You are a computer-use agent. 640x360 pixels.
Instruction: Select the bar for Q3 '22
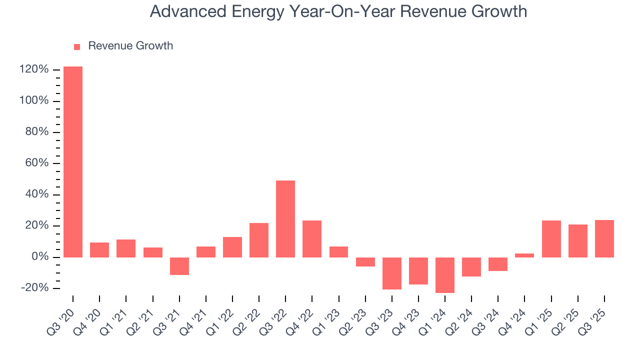click(x=285, y=219)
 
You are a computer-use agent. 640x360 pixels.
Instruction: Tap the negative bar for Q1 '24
click(x=445, y=275)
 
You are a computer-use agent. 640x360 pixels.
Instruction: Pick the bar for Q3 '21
click(x=179, y=266)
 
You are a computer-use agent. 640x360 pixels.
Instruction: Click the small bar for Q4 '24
click(x=524, y=255)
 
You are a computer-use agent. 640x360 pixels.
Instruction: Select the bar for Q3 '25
click(x=604, y=238)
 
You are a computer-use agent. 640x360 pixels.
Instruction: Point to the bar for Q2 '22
click(x=259, y=240)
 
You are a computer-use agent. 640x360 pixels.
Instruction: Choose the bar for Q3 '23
click(x=392, y=273)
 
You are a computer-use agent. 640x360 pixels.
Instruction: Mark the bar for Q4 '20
click(x=99, y=250)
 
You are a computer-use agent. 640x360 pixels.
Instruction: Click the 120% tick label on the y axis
click(x=34, y=69)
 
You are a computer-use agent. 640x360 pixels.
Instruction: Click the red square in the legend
click(x=77, y=46)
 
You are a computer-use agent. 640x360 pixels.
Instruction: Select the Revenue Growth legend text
click(x=130, y=46)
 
